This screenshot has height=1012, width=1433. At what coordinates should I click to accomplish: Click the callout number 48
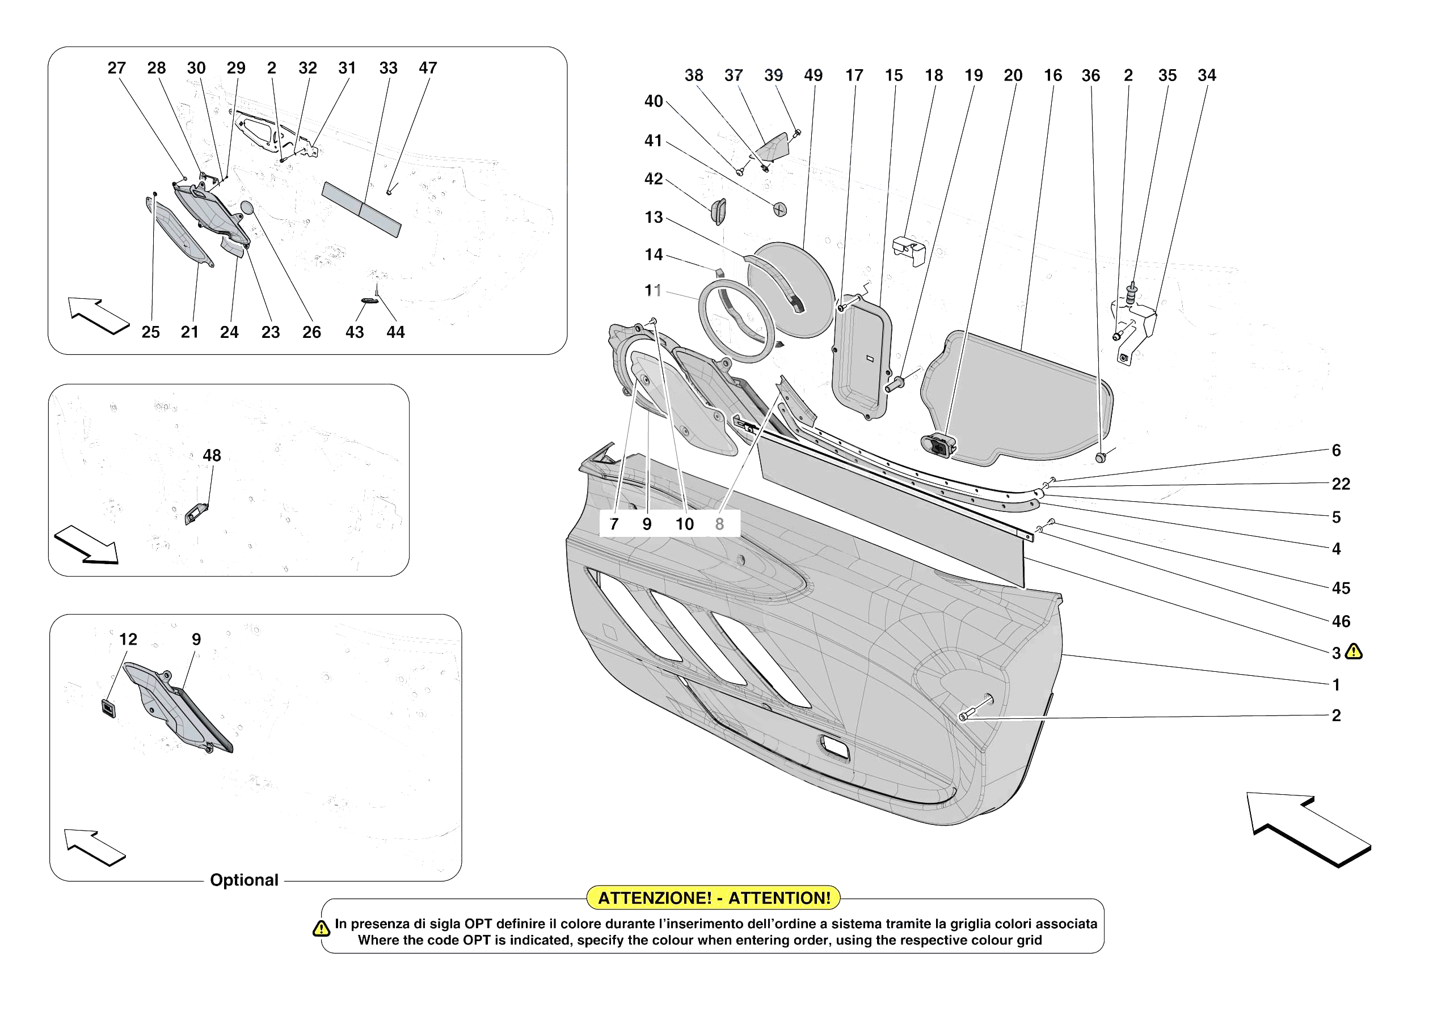pos(212,455)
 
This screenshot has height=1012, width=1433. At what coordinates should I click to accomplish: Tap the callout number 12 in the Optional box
pos(128,639)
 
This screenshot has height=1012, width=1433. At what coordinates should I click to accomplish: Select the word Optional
pos(244,880)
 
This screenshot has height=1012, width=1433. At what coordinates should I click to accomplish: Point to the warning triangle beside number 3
pos(1354,652)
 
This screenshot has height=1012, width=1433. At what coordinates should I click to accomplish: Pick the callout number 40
pos(654,101)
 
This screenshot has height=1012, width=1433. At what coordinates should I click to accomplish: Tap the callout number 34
pos(1207,75)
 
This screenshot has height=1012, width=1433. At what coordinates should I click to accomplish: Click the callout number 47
pos(428,68)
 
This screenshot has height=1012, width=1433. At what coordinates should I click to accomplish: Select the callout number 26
pos(311,333)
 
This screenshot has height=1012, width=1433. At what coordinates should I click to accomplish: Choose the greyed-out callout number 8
pos(720,524)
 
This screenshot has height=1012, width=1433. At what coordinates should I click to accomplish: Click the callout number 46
pos(1341,621)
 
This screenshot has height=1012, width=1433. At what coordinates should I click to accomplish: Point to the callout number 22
pos(1341,484)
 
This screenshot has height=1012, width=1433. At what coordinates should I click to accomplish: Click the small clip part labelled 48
pos(196,514)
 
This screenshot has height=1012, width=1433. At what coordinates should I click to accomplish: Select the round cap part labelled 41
pos(780,210)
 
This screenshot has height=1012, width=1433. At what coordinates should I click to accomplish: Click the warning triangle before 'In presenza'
pos(321,929)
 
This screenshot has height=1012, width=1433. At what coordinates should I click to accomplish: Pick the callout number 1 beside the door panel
pos(1335,685)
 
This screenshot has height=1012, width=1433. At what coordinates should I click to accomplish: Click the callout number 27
pos(117,68)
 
